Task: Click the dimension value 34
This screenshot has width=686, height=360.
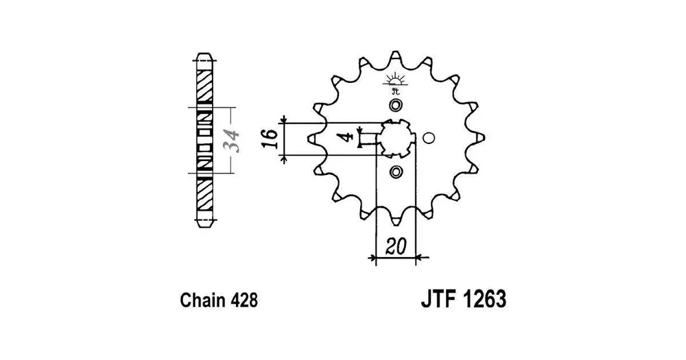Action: [234, 141]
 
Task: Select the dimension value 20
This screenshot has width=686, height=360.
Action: [396, 247]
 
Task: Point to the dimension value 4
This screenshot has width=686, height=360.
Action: [347, 137]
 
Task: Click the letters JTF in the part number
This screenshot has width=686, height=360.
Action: [439, 299]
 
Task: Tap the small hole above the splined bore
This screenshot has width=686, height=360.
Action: [396, 106]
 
